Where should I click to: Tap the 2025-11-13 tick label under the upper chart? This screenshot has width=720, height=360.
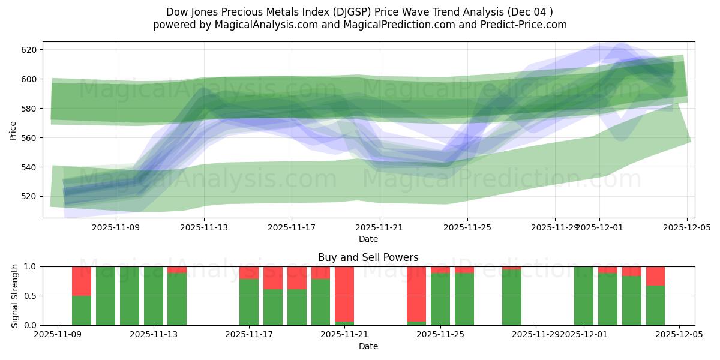tap(205, 227)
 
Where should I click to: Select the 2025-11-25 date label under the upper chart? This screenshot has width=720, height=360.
tap(467, 227)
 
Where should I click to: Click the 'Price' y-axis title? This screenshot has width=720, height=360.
tap(13, 130)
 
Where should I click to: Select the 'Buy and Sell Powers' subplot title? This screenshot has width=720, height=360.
tap(368, 258)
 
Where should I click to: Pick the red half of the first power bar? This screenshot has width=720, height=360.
tap(82, 281)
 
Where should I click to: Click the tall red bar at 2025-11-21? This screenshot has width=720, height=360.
tap(344, 294)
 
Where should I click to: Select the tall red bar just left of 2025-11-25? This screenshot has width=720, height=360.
tap(416, 294)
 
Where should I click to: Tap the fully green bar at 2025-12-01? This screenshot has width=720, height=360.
tap(584, 296)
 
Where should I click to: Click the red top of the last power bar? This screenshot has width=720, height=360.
tap(655, 275)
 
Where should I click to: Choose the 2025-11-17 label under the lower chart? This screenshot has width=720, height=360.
tap(249, 335)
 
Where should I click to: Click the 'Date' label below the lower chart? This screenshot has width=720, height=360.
tap(368, 346)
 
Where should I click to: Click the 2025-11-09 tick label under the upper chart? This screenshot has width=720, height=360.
tap(116, 227)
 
